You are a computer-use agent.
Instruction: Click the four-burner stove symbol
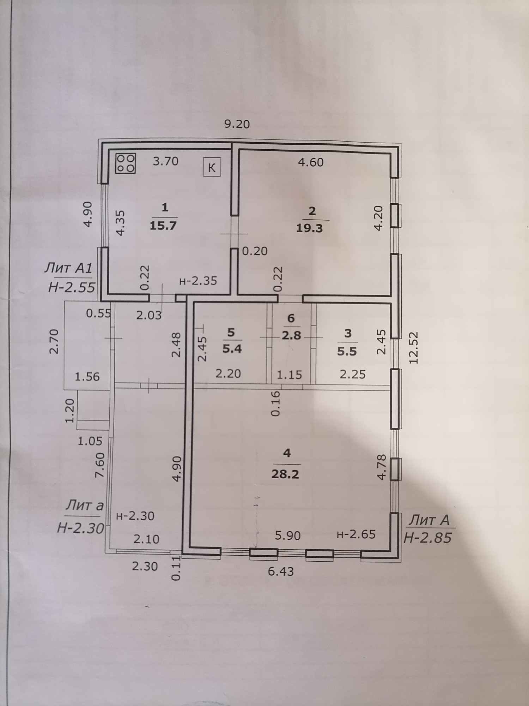coord(126,163)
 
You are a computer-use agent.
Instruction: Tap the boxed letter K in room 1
coord(212,167)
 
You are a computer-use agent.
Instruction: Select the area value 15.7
coord(163,226)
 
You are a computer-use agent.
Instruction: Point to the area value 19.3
coord(309,228)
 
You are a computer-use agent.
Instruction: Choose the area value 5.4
coord(232,349)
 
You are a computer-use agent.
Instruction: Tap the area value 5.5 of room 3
coord(347,352)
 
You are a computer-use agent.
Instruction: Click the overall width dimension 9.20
coord(237,124)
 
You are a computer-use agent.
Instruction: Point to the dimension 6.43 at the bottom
coord(281,571)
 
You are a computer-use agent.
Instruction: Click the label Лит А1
coord(68,268)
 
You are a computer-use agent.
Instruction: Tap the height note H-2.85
coord(427,538)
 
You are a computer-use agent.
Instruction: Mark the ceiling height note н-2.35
coord(198,281)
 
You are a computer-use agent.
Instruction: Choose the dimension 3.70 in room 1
coord(165,161)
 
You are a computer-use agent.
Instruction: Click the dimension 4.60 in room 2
coord(311,162)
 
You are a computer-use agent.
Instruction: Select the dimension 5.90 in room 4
coord(288,536)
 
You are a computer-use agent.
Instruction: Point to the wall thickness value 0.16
coord(275,403)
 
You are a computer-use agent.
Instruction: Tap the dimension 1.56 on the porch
coord(87,377)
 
